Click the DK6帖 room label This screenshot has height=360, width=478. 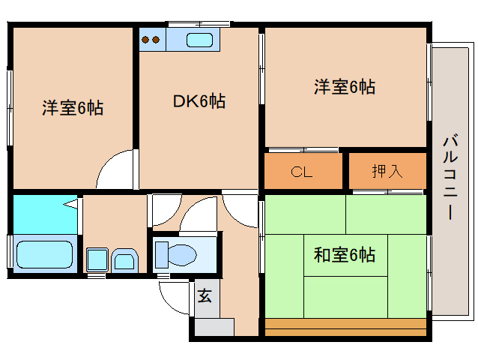pos(199,101)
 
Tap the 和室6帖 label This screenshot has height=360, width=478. pos(345,255)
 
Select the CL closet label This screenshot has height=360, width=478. pos(301,172)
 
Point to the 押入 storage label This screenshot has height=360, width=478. pos(387,171)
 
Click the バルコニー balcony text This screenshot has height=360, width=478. pos(450,176)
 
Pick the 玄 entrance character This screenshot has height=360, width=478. pos(205,295)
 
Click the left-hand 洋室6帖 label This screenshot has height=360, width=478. pos(73,108)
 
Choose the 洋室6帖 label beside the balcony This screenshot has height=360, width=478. pos(345,87)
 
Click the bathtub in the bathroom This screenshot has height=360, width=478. pos(44,255)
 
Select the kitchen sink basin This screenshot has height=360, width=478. pos(200,40)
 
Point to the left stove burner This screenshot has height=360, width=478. pos(145,40)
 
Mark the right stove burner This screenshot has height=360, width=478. pos(156,40)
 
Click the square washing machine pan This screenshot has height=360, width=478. pos(97,259)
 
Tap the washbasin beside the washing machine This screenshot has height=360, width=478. pos(124,261)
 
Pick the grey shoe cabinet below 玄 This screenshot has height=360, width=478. pos(214,327)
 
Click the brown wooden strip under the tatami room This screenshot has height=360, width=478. pos(345,327)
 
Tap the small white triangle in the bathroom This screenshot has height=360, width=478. pos(71,203)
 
